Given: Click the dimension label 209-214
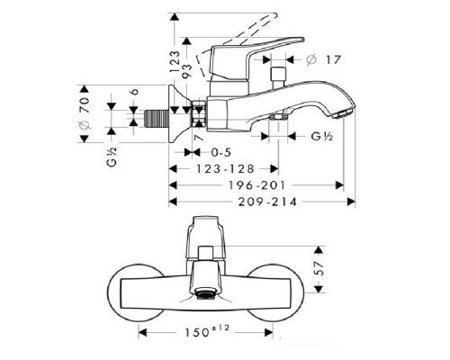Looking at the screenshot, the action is pyautogui.click(x=267, y=202).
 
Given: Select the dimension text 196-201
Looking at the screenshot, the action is pyautogui.click(x=257, y=185).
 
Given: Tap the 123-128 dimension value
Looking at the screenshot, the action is pyautogui.click(x=225, y=169).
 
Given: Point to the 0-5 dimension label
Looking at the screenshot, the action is pyautogui.click(x=221, y=152).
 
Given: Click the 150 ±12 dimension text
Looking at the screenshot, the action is pyautogui.click(x=207, y=331).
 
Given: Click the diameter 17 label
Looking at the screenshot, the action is pyautogui.click(x=324, y=59).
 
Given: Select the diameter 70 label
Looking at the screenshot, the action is pyautogui.click(x=85, y=113).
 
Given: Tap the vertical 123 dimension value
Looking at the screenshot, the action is pyautogui.click(x=175, y=62).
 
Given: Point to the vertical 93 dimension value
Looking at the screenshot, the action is pyautogui.click(x=187, y=71).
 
